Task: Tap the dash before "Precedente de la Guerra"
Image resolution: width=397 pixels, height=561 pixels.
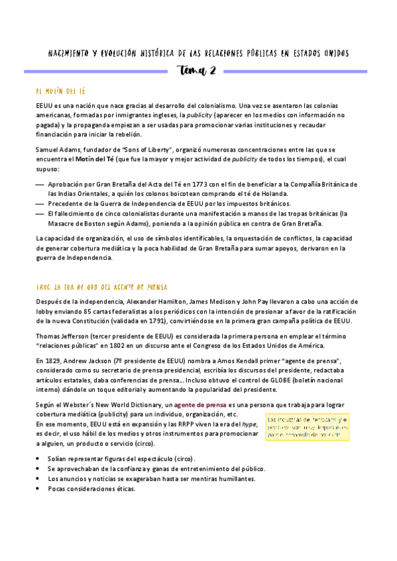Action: click(x=40, y=204)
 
